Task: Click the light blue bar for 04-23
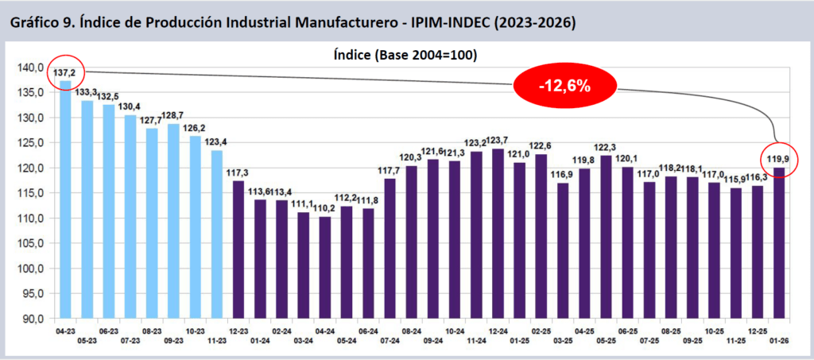(65, 199)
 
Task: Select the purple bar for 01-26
(779, 242)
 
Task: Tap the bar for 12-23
(238, 250)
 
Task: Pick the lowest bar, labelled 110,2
(325, 267)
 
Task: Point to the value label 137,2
(64, 73)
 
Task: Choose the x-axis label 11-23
(216, 340)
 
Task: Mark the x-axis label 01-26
(779, 340)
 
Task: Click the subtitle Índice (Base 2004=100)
(405, 56)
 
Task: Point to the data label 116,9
(563, 175)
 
